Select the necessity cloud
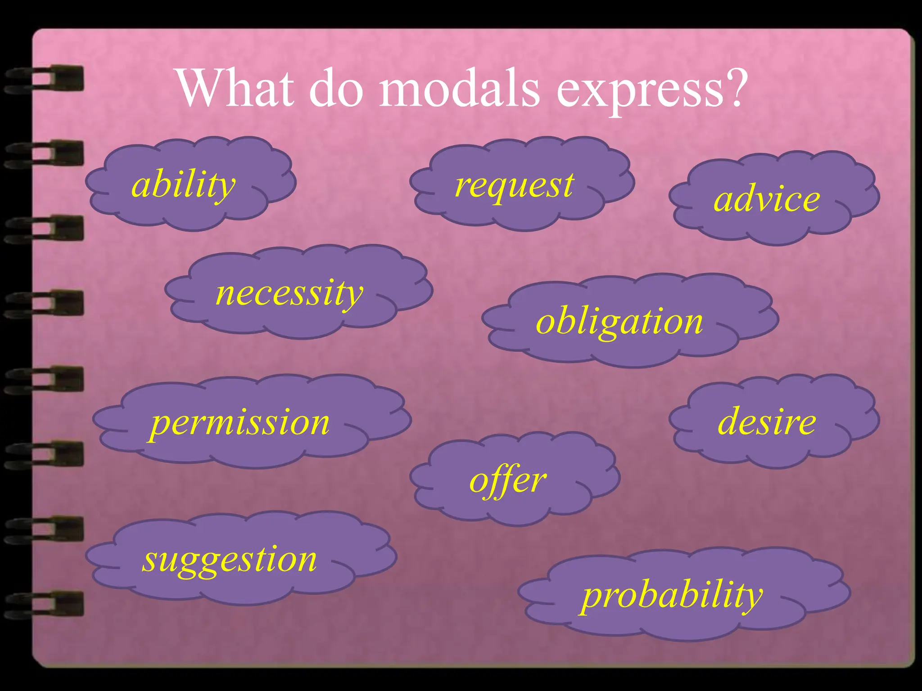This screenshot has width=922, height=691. click(x=297, y=292)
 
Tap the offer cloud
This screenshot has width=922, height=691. click(x=513, y=479)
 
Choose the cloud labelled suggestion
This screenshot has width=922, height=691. click(x=239, y=558)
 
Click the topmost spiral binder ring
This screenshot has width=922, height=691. click(x=45, y=79)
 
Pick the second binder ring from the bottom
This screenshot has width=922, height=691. click(x=45, y=529)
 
